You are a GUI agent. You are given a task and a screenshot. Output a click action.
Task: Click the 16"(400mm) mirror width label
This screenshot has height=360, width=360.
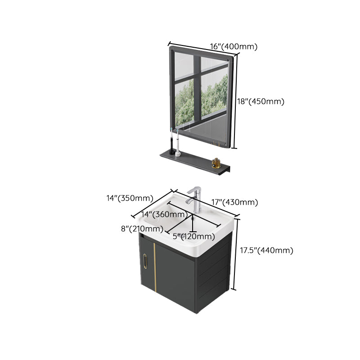pos(233,46)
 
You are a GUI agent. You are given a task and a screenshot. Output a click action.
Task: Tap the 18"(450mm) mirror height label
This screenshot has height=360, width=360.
pos(261,102)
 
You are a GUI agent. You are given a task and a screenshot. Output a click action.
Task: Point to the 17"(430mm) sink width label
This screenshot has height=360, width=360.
pos(235,202)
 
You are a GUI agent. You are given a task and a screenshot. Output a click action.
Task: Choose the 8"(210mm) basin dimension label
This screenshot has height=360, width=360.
pos(141,229)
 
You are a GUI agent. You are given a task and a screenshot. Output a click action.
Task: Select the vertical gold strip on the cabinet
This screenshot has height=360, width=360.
pos(154,265)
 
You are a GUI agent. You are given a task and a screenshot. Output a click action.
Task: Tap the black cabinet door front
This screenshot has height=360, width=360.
pos(175,274)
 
